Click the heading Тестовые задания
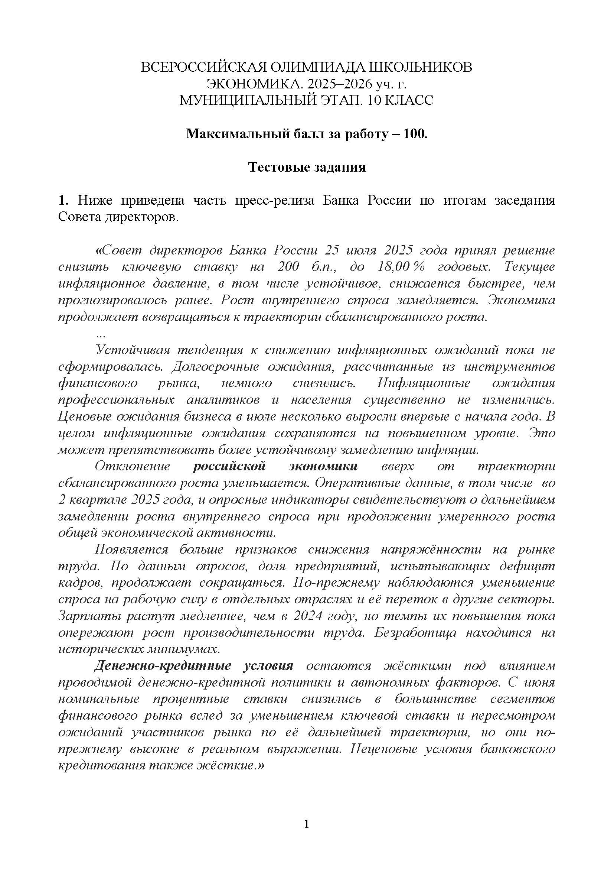307,167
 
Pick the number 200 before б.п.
288,267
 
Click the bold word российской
229,466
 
